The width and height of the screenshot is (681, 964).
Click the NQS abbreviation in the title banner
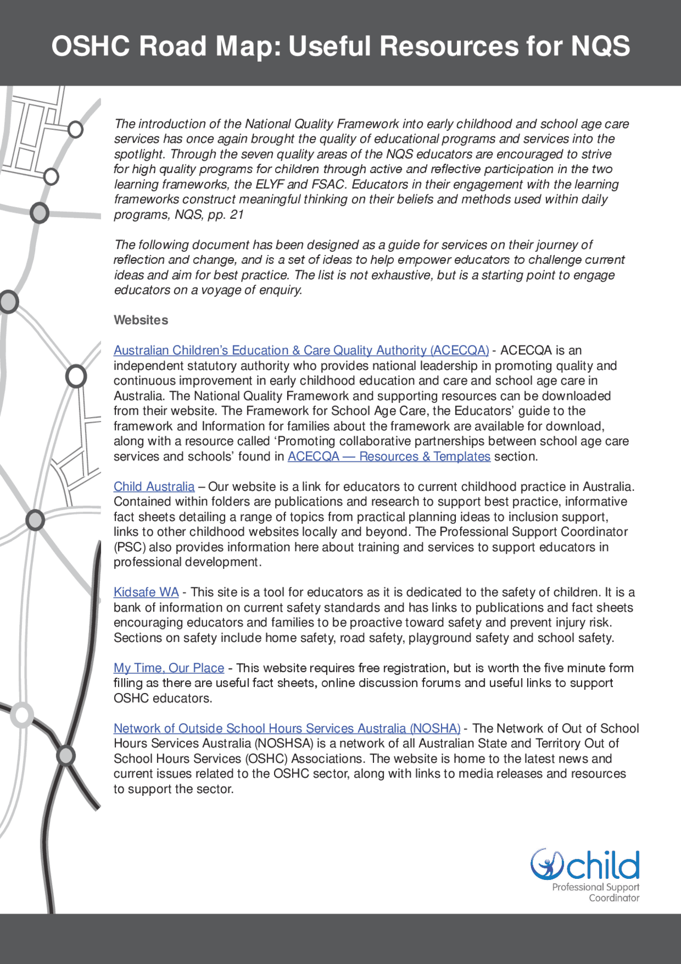point(600,46)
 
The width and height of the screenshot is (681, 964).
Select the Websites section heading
point(140,320)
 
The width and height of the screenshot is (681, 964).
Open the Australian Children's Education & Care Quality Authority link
point(301,350)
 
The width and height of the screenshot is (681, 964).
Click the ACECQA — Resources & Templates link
point(388,456)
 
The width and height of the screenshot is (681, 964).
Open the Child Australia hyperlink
point(154,487)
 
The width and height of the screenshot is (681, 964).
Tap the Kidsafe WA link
point(146,592)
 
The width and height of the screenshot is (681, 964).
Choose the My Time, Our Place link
point(169,668)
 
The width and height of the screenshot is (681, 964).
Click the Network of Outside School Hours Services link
point(287,728)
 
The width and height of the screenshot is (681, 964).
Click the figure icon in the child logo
point(547,864)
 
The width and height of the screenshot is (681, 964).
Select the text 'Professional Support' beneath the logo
point(595,887)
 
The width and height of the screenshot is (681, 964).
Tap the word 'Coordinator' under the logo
point(613,898)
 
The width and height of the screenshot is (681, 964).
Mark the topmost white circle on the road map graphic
point(76,129)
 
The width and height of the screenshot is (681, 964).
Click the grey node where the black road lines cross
point(66,755)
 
